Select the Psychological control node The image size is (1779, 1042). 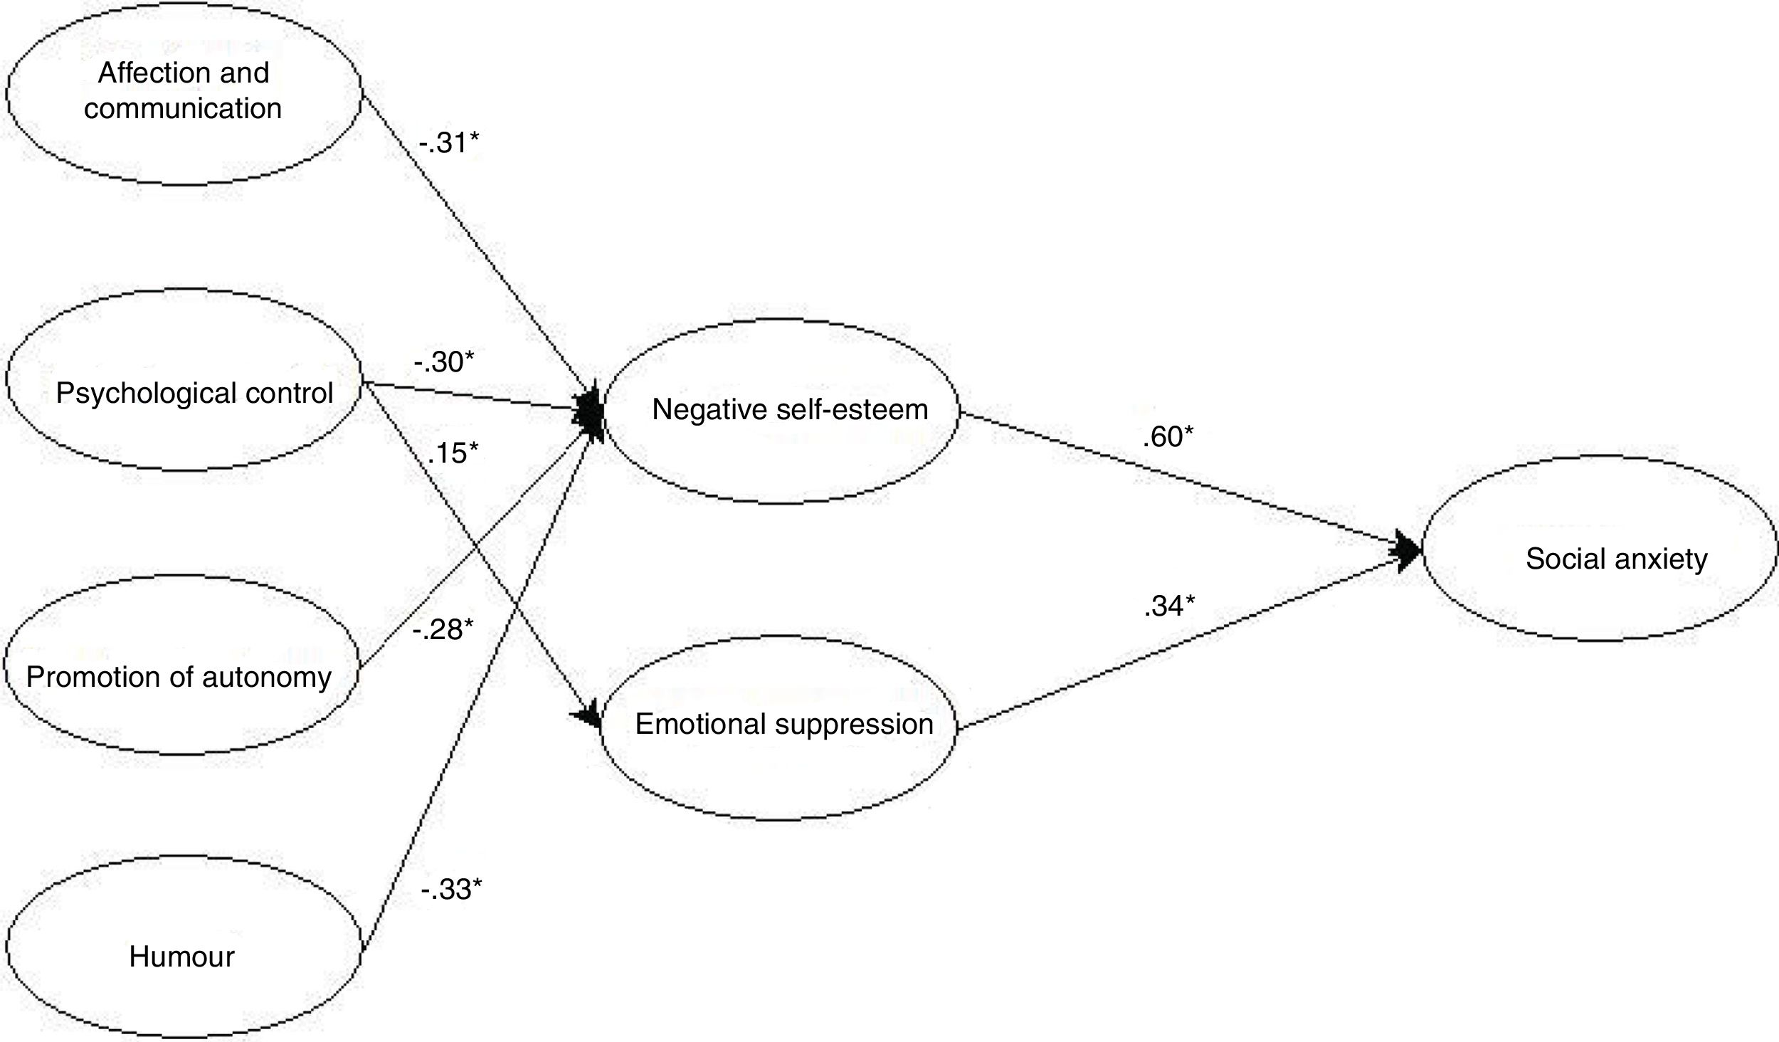click(183, 379)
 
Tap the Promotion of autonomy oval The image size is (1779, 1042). click(179, 665)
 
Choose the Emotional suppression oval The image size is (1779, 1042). click(778, 727)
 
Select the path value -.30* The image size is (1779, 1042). click(443, 362)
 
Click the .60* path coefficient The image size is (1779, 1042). click(1168, 437)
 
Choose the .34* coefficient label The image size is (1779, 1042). click(1169, 606)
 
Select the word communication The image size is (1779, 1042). click(183, 109)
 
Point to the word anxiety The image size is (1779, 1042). click(1661, 559)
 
